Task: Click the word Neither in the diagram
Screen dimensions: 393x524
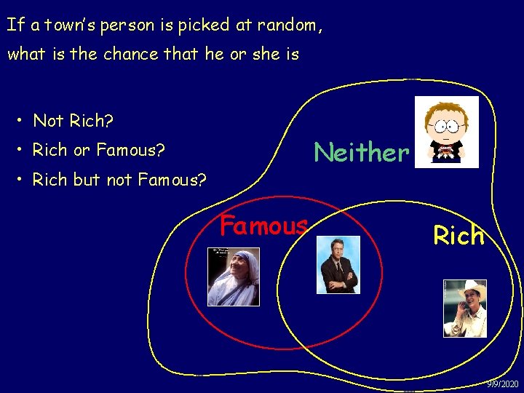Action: point(361,152)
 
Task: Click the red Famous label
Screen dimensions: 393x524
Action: point(263,226)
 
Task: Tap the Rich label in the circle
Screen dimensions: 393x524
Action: point(458,235)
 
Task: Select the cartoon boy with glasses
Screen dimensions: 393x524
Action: point(446,132)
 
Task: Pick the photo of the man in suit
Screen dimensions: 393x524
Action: point(338,264)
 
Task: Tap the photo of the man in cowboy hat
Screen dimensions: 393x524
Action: point(464,308)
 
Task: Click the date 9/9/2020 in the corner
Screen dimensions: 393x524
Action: point(503,384)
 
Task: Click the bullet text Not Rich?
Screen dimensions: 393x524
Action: point(74,121)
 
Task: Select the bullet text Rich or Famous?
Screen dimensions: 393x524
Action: point(99,150)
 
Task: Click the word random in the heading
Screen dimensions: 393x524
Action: point(286,25)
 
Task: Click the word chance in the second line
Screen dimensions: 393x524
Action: point(130,54)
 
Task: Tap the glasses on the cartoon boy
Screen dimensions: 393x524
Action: point(446,124)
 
